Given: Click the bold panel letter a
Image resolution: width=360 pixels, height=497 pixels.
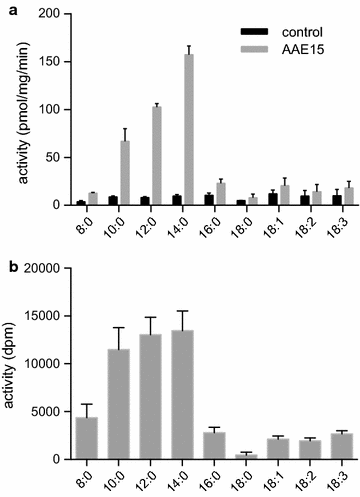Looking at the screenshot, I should coord(8,9).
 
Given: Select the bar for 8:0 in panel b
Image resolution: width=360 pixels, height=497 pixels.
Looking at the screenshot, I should coord(86,424).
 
